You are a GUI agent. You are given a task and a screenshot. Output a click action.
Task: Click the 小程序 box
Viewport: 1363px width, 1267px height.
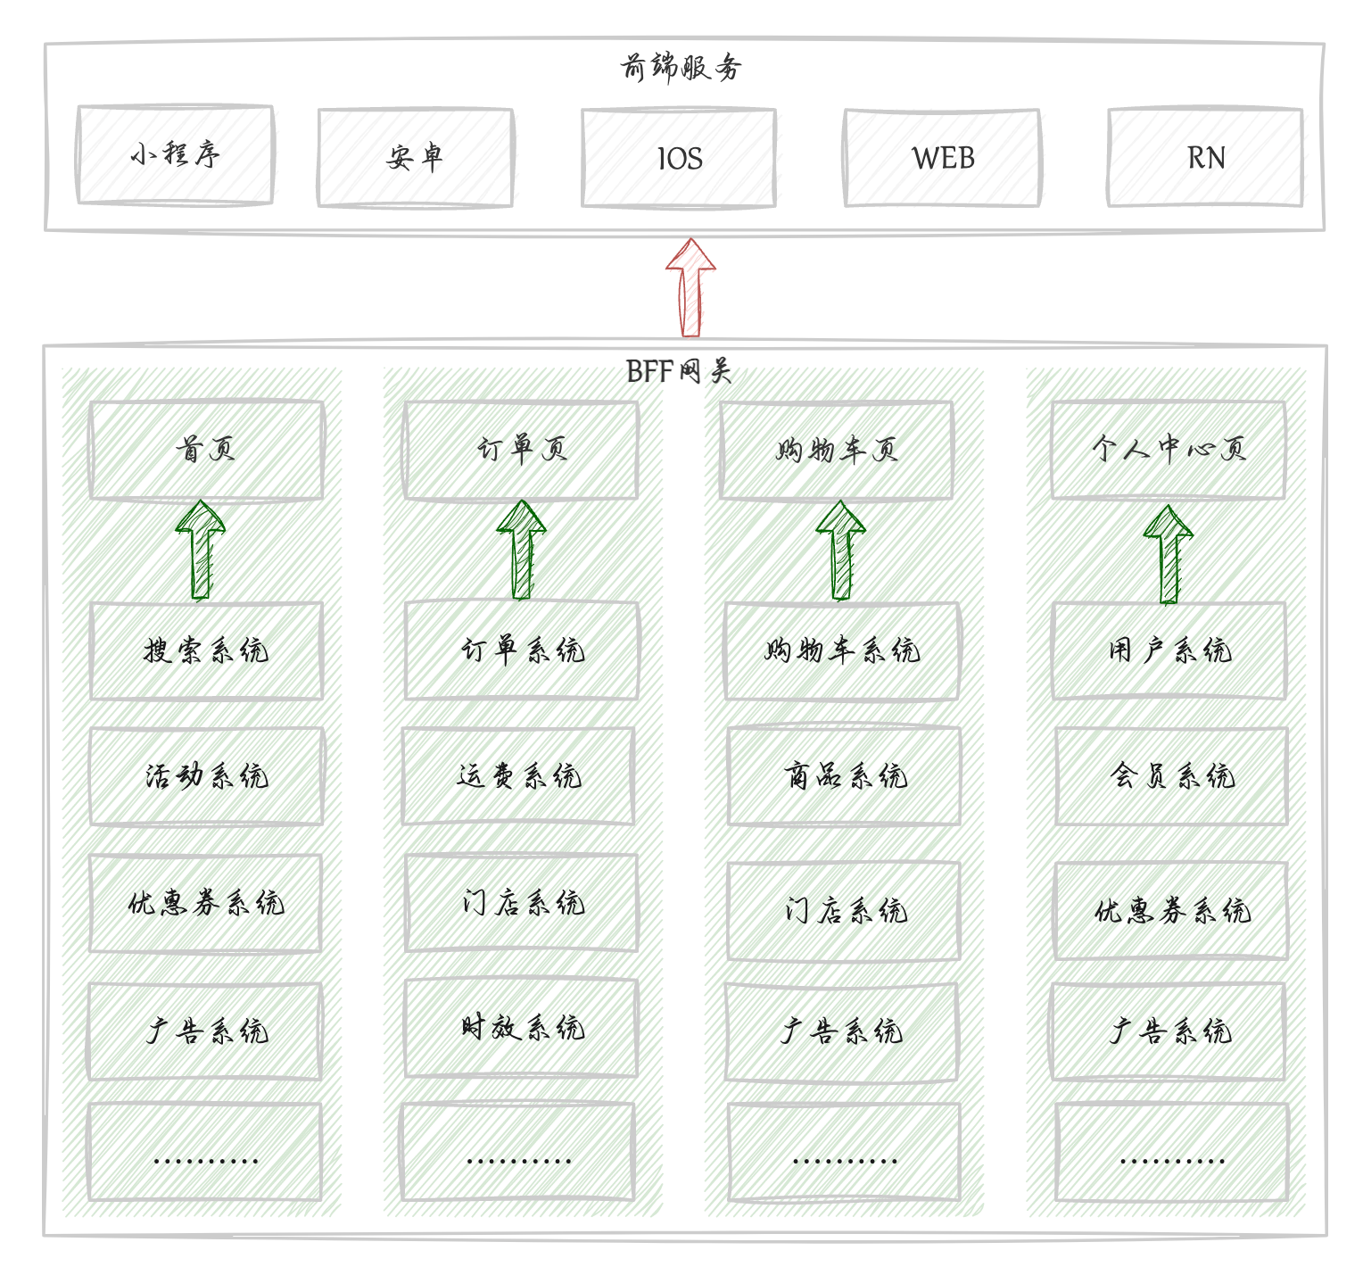(x=175, y=155)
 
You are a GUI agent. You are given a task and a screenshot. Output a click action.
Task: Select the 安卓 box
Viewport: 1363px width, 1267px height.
(x=415, y=158)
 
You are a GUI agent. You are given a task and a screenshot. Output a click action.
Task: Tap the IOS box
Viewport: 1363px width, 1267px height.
(x=679, y=158)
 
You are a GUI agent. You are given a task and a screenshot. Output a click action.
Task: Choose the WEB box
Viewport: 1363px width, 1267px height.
(x=942, y=158)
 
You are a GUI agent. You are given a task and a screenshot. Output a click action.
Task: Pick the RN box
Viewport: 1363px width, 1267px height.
(x=1205, y=158)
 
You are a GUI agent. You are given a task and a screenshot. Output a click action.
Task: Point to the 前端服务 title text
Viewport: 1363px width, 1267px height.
(x=681, y=67)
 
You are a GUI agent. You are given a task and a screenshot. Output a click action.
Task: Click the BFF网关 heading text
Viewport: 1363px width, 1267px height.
(x=679, y=370)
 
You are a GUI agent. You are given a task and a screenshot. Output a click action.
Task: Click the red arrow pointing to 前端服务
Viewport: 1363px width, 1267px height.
(x=690, y=286)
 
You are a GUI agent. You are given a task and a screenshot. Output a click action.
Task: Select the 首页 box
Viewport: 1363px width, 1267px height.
(x=206, y=450)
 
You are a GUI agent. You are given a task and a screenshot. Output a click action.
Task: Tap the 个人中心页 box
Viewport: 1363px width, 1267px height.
(x=1168, y=450)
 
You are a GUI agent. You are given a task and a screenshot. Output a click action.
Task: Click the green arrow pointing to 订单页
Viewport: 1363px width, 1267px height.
(x=521, y=549)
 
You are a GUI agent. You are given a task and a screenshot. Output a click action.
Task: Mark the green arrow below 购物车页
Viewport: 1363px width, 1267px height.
(x=840, y=549)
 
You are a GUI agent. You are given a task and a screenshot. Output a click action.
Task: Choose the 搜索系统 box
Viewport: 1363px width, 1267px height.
(x=206, y=650)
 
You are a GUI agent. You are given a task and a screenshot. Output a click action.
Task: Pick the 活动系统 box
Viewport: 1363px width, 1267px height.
(x=206, y=776)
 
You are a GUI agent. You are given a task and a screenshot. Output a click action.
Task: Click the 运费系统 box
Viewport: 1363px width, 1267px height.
(x=518, y=776)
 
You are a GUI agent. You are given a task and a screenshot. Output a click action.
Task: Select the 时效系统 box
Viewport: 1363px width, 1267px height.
(x=521, y=1028)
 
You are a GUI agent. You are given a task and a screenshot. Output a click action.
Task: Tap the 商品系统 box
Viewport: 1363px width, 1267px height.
(x=844, y=776)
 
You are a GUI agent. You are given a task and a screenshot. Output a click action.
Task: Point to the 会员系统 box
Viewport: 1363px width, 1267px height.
(x=1171, y=776)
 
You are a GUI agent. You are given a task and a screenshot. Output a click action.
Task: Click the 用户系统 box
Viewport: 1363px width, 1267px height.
(x=1169, y=650)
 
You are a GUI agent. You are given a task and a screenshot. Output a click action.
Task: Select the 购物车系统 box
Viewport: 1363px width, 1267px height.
(x=841, y=650)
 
